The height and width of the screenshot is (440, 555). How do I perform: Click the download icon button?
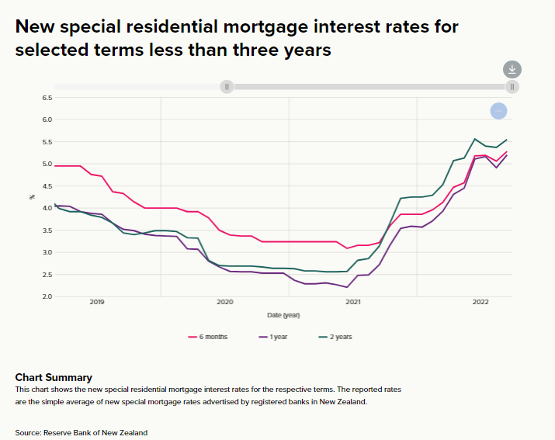tap(512, 69)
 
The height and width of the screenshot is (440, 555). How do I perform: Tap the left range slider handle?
tap(227, 87)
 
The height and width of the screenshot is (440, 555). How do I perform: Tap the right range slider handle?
tap(512, 87)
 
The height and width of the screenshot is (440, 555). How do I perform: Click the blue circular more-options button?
tap(499, 111)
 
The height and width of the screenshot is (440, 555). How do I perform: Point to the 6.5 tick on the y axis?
tap(47, 98)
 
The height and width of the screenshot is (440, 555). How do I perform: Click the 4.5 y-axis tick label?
tap(47, 186)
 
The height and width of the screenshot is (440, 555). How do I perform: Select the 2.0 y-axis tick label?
tap(47, 296)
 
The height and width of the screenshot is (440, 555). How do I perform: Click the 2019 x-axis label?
tap(97, 302)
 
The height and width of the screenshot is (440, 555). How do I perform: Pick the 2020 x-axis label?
tap(225, 302)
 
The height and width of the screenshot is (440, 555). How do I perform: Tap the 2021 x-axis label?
tap(353, 302)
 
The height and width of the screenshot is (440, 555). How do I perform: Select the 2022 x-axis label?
tap(480, 302)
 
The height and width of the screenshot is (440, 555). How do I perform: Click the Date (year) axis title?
tap(283, 315)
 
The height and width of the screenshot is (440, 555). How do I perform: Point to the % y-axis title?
tap(33, 197)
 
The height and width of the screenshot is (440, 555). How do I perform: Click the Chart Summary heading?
tap(54, 377)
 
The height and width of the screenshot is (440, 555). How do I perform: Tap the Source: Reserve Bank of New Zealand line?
tap(81, 432)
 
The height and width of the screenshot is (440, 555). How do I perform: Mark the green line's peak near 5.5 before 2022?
tap(474, 139)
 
